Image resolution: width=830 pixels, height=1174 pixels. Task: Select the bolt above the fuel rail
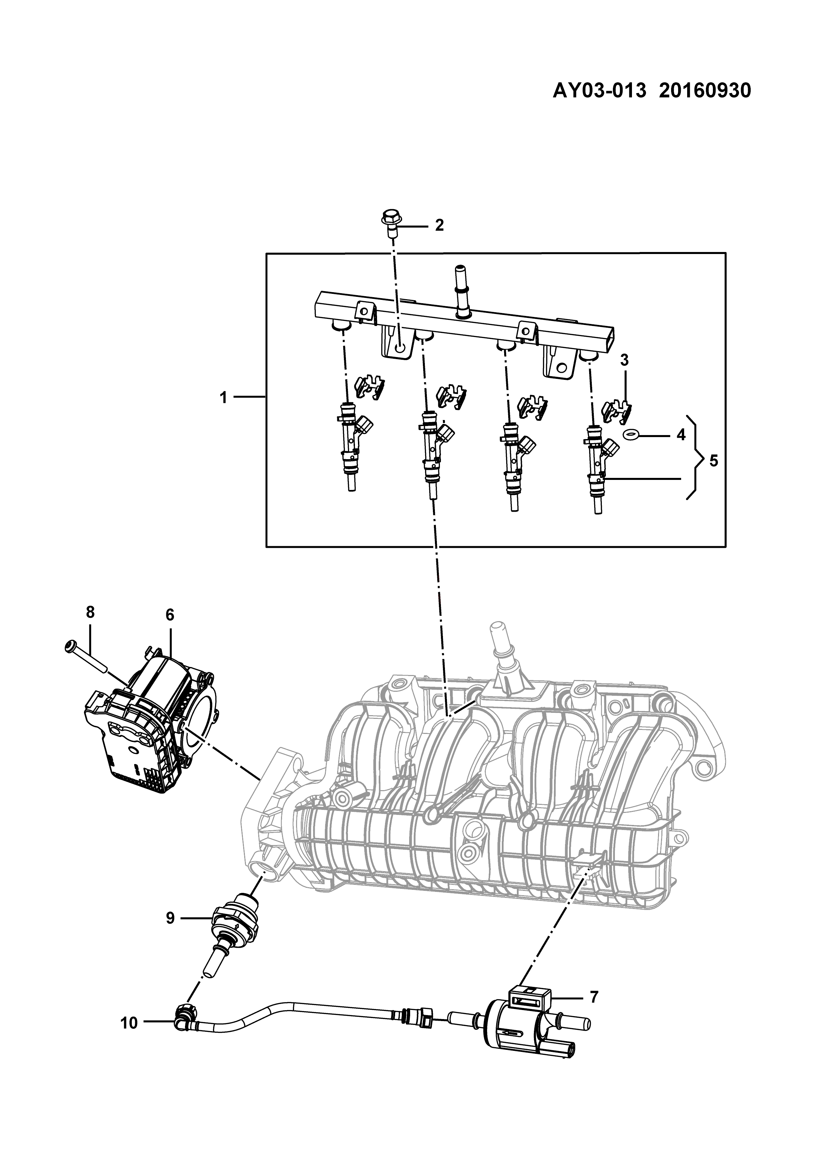391,224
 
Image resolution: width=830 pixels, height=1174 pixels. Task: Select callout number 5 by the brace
714,461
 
